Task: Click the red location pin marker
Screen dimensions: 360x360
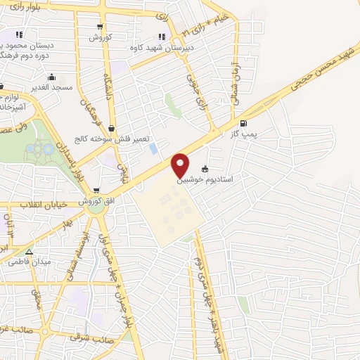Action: (x=181, y=165)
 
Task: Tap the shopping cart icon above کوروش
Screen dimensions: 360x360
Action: (x=101, y=26)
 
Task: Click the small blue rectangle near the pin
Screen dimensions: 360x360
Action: (x=153, y=149)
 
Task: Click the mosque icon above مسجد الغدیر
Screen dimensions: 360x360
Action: (x=51, y=77)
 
